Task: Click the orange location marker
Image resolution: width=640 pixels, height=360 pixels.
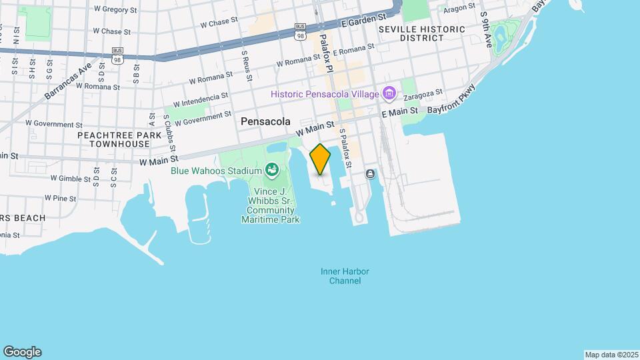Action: click(x=321, y=159)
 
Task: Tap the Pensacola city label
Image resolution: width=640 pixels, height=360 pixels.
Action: click(x=266, y=122)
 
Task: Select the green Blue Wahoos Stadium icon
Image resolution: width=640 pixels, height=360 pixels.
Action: click(x=271, y=171)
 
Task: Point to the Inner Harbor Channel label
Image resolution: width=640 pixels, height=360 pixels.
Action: click(x=345, y=276)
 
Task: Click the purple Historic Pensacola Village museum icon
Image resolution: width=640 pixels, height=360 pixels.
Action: click(x=389, y=93)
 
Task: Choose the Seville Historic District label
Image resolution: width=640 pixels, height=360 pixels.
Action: click(x=421, y=34)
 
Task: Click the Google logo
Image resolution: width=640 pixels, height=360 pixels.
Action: click(x=22, y=352)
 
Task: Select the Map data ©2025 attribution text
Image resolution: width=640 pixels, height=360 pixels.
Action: click(x=611, y=355)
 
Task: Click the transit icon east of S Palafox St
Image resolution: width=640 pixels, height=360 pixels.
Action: click(x=370, y=174)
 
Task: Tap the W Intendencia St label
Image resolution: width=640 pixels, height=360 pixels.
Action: click(x=200, y=100)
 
